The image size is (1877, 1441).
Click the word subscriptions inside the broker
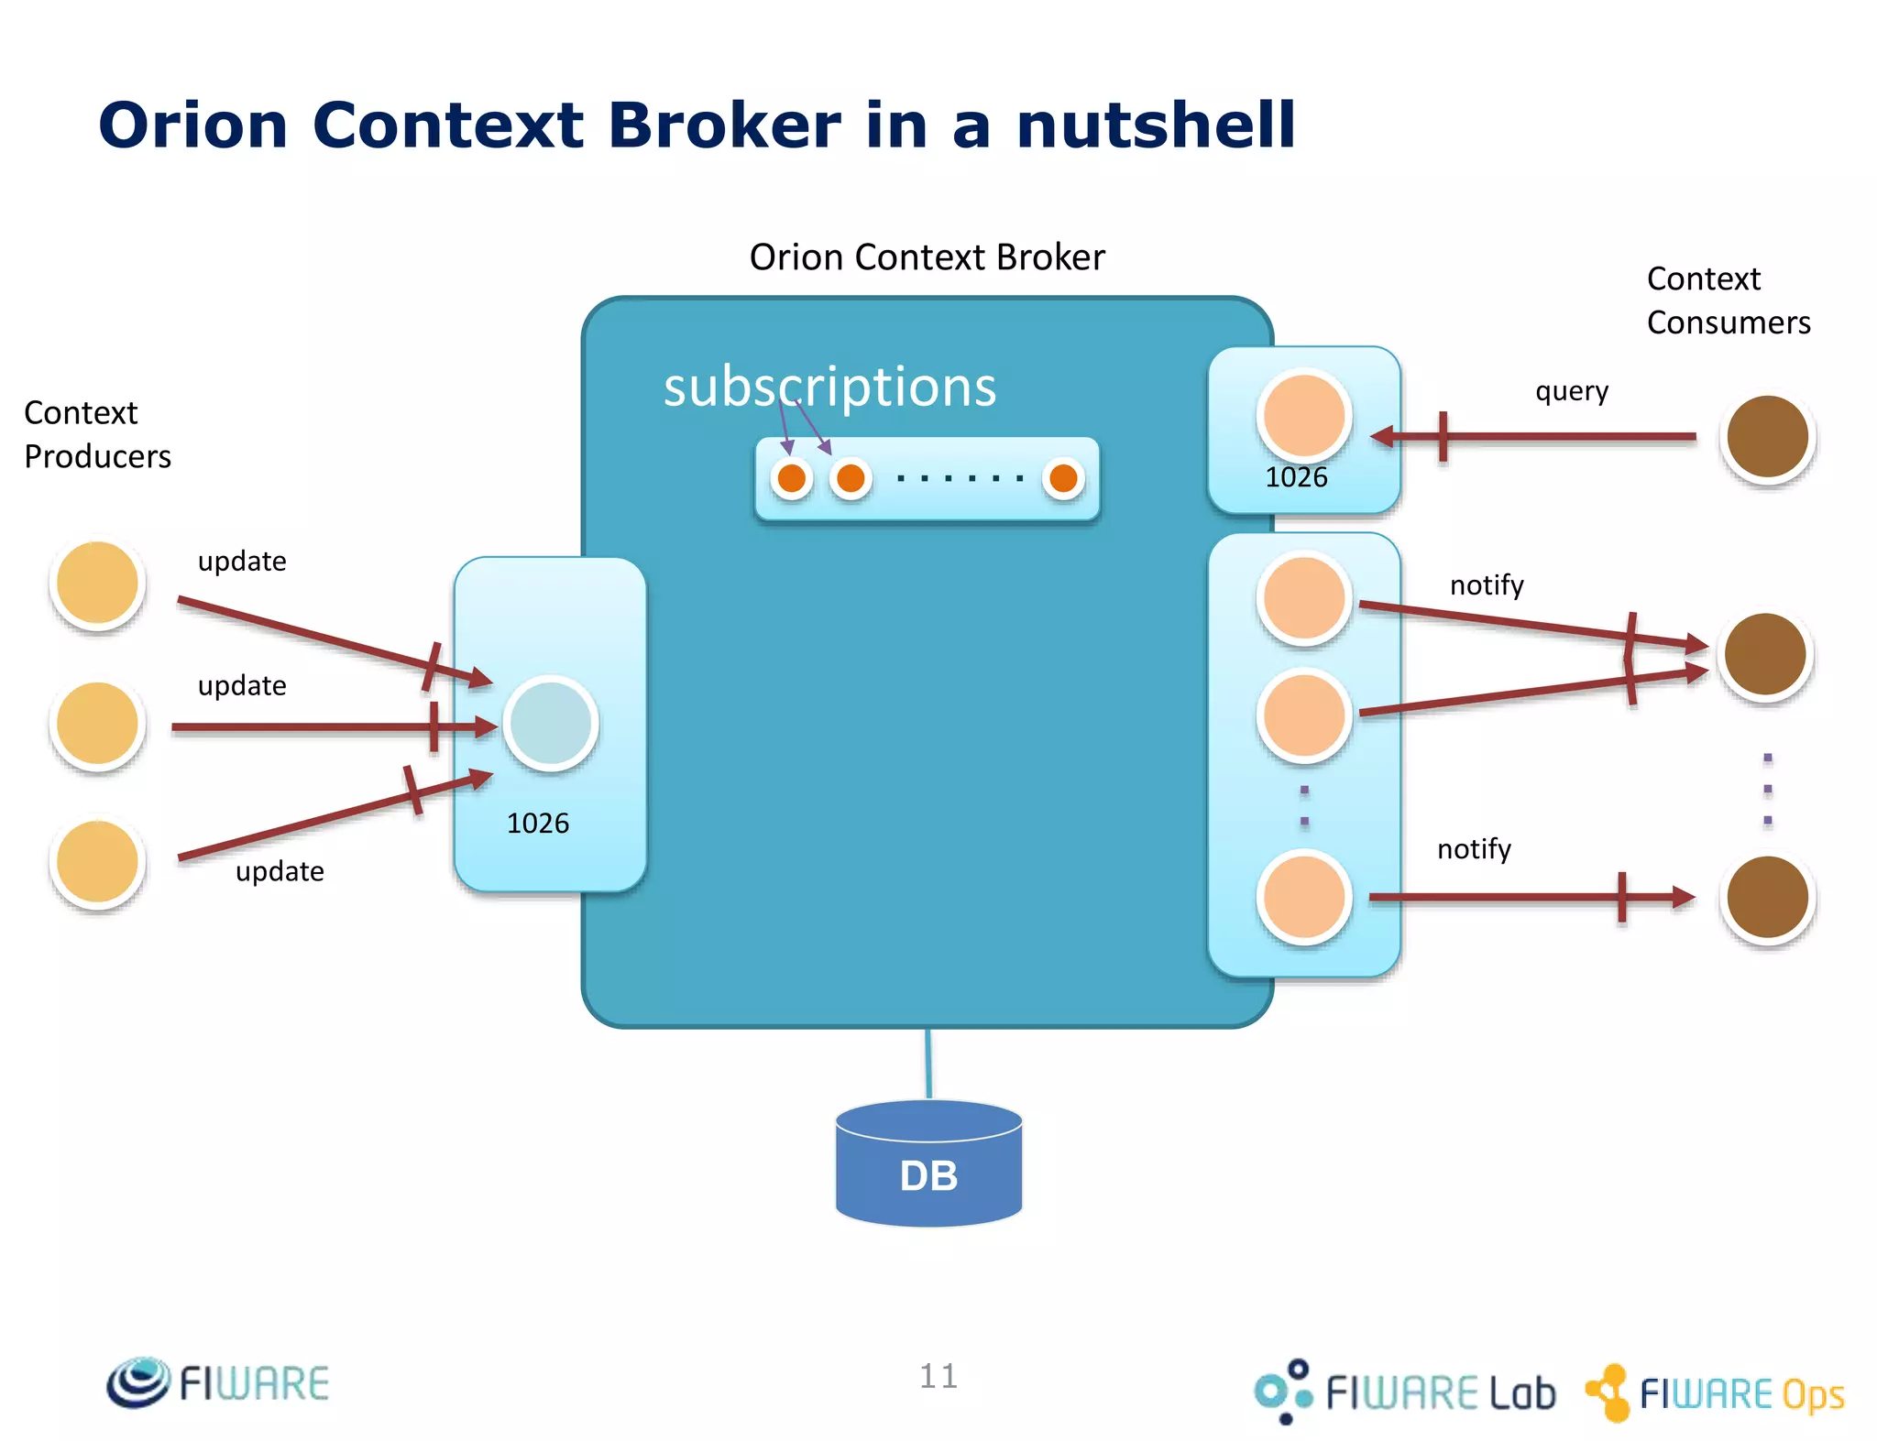(x=829, y=387)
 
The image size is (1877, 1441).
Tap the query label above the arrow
(x=1571, y=391)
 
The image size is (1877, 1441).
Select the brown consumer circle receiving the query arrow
(x=1766, y=437)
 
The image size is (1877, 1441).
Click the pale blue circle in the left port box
(x=550, y=724)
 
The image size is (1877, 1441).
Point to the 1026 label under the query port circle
(x=1296, y=477)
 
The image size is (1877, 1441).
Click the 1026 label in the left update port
(x=538, y=824)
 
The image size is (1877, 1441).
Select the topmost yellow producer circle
(x=97, y=583)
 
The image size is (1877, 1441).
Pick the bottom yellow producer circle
(x=97, y=862)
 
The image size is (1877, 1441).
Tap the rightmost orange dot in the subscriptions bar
(x=1063, y=478)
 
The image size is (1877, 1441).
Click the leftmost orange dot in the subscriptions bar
(x=792, y=478)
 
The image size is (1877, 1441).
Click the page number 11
(x=938, y=1376)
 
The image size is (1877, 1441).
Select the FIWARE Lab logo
(x=1405, y=1392)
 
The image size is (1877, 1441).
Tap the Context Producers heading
(x=97, y=434)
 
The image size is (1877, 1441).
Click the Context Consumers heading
(x=1728, y=300)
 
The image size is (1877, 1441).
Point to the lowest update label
(x=280, y=871)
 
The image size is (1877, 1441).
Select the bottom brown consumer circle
(x=1766, y=898)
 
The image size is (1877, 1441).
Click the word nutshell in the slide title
(x=1156, y=126)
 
